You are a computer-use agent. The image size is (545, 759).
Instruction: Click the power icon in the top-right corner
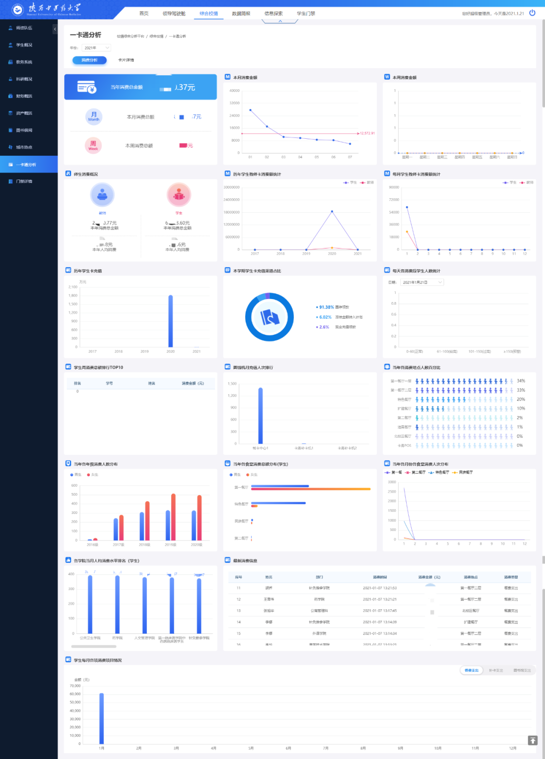pyautogui.click(x=532, y=13)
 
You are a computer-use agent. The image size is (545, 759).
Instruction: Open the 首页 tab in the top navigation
pyautogui.click(x=144, y=14)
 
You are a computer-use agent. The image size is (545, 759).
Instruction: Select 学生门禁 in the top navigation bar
pyautogui.click(x=306, y=14)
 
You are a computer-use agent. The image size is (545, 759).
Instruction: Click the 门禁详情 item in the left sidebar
pyautogui.click(x=24, y=182)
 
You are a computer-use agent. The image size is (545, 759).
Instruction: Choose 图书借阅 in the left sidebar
pyautogui.click(x=24, y=130)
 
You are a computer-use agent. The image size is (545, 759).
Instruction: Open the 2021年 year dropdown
pyautogui.click(x=97, y=48)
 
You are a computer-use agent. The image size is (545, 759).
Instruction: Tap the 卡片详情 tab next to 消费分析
pyautogui.click(x=126, y=60)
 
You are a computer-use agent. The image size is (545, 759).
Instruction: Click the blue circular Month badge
pyautogui.click(x=94, y=116)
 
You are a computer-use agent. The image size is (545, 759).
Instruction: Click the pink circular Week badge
pyautogui.click(x=93, y=145)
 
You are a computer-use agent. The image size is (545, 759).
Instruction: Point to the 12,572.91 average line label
pyautogui.click(x=367, y=134)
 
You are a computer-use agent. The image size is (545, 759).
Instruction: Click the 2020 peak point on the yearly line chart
pyautogui.click(x=332, y=211)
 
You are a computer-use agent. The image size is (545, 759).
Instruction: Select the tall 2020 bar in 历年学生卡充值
pyautogui.click(x=171, y=321)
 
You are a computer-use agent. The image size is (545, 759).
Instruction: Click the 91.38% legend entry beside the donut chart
pyautogui.click(x=326, y=307)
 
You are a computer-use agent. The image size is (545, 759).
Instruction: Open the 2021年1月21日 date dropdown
pyautogui.click(x=422, y=282)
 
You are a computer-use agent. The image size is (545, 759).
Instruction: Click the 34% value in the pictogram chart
pyautogui.click(x=521, y=381)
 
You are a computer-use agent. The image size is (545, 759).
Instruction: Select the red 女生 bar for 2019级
pyautogui.click(x=173, y=517)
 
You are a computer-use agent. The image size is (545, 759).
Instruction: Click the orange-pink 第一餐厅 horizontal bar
pyautogui.click(x=311, y=489)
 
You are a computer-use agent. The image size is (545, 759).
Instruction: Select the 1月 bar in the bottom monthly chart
pyautogui.click(x=101, y=718)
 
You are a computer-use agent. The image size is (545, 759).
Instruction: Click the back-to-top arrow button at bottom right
pyautogui.click(x=532, y=740)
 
